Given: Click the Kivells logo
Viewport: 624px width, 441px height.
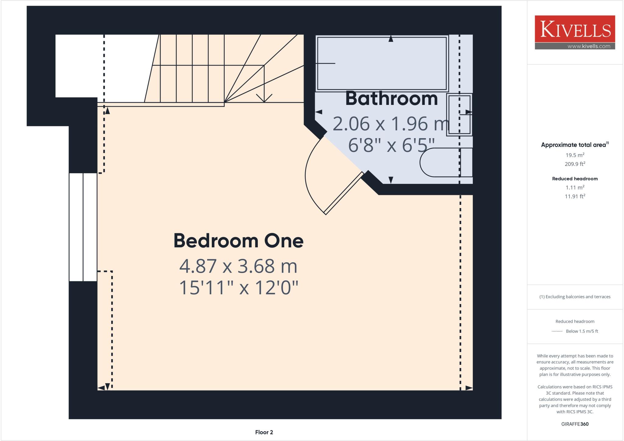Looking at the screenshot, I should [x=575, y=29].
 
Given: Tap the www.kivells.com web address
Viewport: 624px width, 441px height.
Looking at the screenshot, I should [x=589, y=46].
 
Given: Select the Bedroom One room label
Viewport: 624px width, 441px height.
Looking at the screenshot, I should [x=238, y=241].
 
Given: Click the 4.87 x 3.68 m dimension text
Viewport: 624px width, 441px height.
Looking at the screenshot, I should [x=238, y=266].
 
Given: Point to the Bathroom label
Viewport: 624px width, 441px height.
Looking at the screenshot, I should [x=391, y=99].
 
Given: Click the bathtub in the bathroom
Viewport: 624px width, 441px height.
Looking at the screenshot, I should [x=381, y=63].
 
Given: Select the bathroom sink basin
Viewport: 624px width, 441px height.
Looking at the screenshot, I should [x=459, y=114].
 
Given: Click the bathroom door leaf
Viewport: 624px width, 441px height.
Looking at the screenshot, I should [x=344, y=193].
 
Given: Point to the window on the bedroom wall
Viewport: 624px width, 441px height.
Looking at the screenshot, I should [x=83, y=227].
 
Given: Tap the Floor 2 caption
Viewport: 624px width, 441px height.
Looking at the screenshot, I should [x=264, y=432].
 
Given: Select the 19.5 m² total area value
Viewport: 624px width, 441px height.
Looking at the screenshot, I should [x=575, y=155].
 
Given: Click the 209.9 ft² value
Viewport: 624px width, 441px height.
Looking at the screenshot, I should [x=575, y=164].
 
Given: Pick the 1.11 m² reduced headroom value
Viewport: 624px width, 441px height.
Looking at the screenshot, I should [x=575, y=188].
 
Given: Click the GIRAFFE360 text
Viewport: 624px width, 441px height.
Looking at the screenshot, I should [x=575, y=424].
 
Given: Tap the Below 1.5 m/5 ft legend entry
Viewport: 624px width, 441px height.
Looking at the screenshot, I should [x=582, y=331].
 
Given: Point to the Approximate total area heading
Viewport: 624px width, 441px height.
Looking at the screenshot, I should [x=574, y=145].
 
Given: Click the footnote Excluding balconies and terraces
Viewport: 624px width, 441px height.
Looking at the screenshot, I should [x=575, y=297].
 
